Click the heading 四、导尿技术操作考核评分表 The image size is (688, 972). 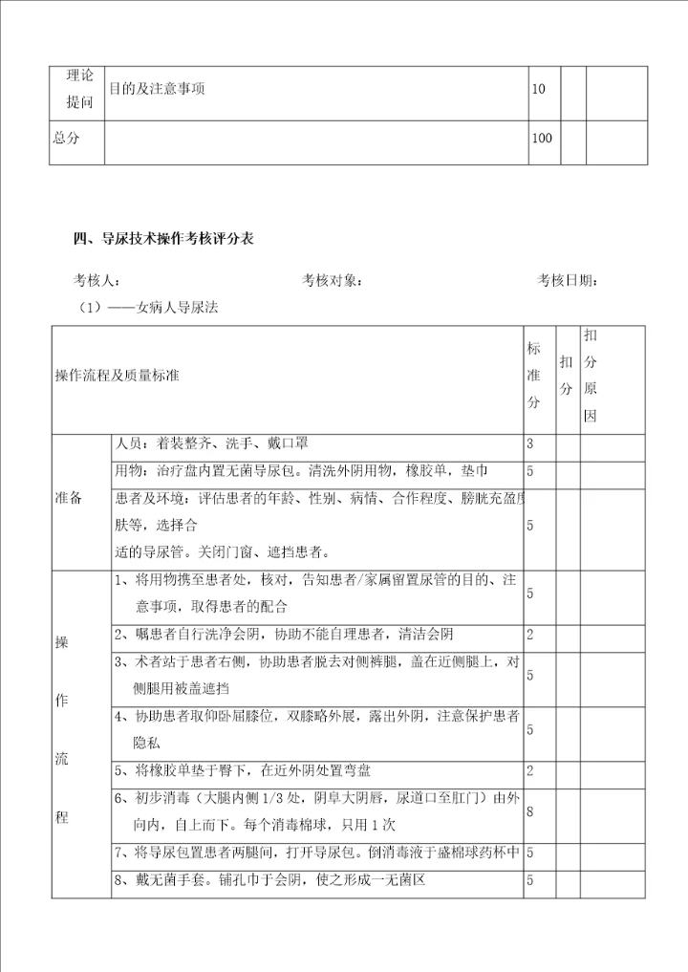163,238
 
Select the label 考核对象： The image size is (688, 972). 332,281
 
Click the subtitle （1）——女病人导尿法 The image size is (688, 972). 152,308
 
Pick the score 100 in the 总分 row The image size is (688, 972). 541,139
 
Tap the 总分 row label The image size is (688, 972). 66,139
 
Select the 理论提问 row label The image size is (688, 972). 78,90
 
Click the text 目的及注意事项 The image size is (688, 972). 158,90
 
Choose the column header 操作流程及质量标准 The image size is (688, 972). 118,377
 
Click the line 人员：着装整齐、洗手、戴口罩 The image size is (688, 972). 211,444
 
